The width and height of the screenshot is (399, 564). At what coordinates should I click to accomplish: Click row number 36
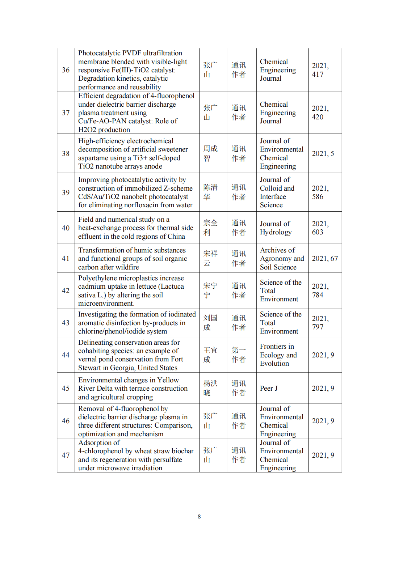[66, 70]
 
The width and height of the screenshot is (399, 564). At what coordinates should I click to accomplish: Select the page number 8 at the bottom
[199, 517]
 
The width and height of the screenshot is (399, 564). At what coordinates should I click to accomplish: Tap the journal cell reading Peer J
[269, 388]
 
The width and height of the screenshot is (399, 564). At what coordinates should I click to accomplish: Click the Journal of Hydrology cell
[276, 228]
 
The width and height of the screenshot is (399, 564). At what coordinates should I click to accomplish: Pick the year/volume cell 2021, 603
[320, 228]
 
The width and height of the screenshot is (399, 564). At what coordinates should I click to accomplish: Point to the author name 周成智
[210, 153]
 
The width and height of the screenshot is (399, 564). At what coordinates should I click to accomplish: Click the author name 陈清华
[210, 192]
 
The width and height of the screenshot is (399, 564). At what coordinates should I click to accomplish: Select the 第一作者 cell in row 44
[239, 355]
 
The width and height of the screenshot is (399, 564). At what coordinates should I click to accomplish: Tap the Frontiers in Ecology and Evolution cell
[278, 355]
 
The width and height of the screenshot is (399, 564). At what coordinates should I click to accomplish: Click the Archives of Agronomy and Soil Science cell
[282, 259]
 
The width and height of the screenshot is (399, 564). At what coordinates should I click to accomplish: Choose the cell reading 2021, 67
[325, 259]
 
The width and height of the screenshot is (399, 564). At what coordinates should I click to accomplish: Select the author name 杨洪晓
[210, 388]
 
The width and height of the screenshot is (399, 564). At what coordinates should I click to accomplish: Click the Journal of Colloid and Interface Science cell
[277, 192]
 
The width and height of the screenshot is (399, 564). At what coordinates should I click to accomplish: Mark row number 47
[66, 455]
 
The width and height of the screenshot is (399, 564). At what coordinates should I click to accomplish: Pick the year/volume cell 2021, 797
[320, 323]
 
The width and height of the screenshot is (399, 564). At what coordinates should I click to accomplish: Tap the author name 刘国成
[210, 323]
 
